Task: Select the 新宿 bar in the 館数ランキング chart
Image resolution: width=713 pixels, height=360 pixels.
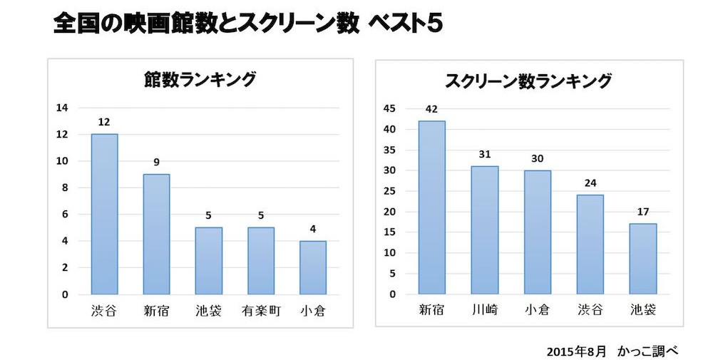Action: [x=156, y=234]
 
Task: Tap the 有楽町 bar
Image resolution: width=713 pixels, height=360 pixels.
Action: [x=260, y=260]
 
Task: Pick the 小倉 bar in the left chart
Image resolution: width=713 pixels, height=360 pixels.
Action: [x=312, y=267]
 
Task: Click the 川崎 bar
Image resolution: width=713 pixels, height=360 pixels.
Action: [x=484, y=230]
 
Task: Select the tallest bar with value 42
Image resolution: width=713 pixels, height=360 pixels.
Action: [x=431, y=207]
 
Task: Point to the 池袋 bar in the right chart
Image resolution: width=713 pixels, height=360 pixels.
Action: [x=643, y=259]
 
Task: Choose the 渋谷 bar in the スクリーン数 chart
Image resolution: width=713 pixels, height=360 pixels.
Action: [x=590, y=245]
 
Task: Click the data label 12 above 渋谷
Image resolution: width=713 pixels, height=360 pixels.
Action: [x=103, y=122]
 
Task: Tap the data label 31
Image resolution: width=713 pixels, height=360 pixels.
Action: [x=484, y=155]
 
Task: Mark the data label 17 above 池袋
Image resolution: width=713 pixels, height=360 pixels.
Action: [x=643, y=212]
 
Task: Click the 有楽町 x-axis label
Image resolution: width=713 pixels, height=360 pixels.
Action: [x=260, y=311]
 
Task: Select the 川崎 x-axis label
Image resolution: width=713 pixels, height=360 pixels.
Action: [x=484, y=311]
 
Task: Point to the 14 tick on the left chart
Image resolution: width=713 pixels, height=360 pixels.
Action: [x=63, y=108]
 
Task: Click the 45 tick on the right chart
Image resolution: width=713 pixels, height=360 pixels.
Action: [x=389, y=109]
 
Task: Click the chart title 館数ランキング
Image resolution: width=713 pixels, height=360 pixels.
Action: [x=199, y=80]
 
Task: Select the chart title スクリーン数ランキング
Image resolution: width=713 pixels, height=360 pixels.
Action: [x=528, y=81]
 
